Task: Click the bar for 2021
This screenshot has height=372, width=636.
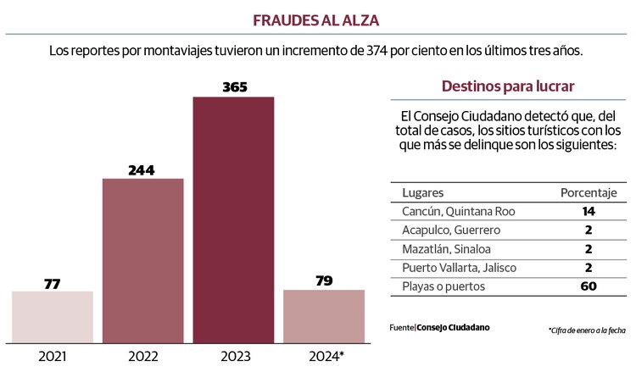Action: click(53, 317)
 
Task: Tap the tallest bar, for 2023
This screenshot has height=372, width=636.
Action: click(233, 219)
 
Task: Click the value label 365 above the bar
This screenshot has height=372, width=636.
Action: click(233, 86)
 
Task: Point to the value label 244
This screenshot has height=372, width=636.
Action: click(142, 169)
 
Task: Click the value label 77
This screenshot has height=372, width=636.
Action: click(52, 282)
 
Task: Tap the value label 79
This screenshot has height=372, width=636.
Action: click(324, 280)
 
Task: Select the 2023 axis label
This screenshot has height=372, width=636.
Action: click(233, 356)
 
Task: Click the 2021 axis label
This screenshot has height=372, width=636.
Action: click(53, 356)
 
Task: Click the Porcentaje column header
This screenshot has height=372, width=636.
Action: click(589, 192)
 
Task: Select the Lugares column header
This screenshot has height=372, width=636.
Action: click(422, 192)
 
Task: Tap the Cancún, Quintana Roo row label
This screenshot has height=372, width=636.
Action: click(459, 211)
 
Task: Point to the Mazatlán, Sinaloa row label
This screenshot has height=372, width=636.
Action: click(446, 249)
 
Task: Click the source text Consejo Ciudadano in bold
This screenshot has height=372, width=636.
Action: click(453, 327)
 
